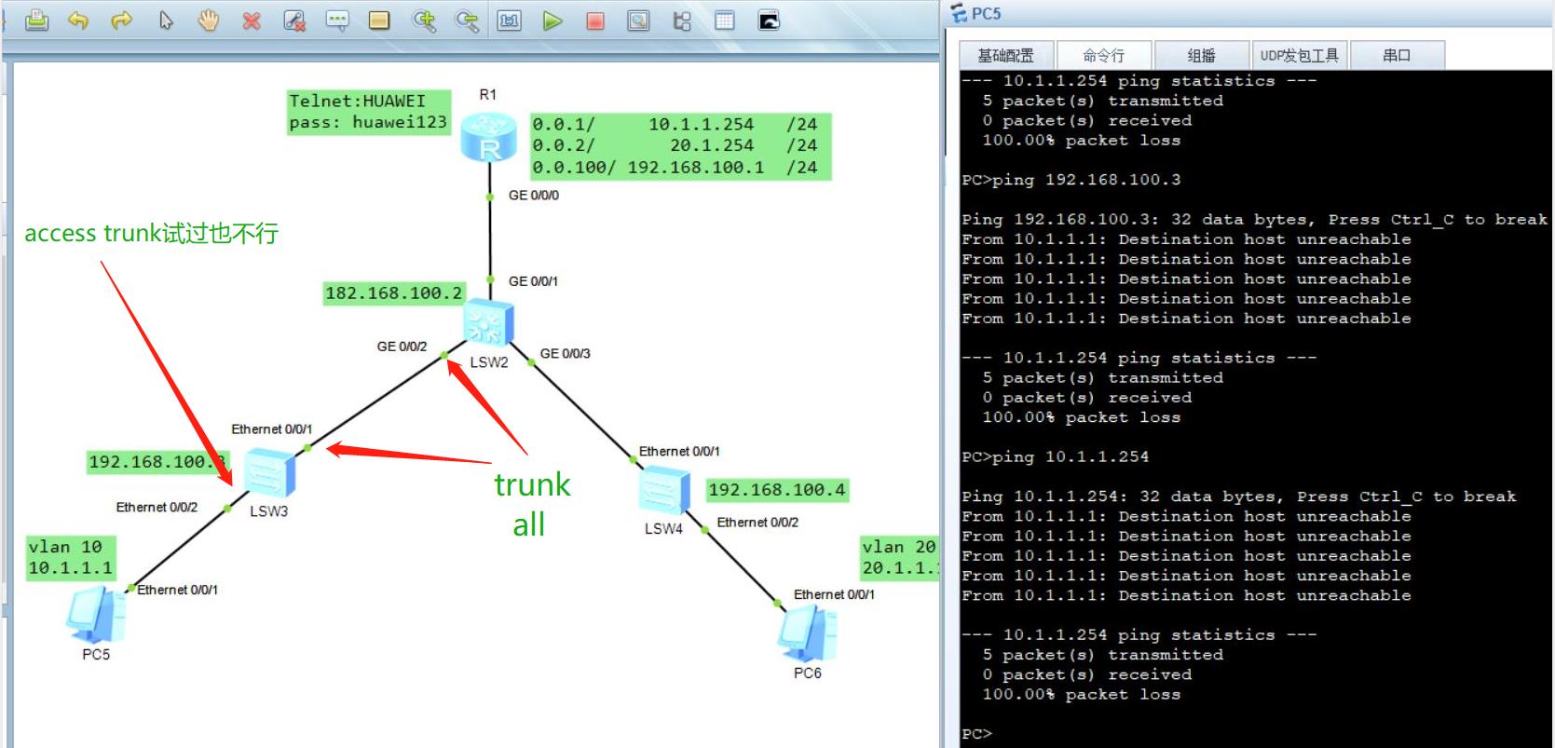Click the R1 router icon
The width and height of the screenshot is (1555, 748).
(x=489, y=137)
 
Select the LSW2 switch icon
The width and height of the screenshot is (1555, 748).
(x=489, y=322)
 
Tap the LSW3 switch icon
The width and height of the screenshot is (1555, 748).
(x=269, y=472)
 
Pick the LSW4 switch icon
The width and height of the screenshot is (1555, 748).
(x=664, y=491)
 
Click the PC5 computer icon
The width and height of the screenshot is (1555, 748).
(x=97, y=615)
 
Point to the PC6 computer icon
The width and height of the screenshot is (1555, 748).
(x=808, y=632)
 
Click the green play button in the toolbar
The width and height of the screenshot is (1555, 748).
(x=552, y=20)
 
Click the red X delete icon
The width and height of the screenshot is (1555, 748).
(x=252, y=21)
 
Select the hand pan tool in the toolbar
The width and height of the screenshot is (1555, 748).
(x=209, y=20)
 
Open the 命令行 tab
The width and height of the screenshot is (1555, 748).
(x=1103, y=55)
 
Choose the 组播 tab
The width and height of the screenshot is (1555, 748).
(x=1201, y=55)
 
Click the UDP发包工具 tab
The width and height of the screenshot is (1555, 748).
(x=1299, y=55)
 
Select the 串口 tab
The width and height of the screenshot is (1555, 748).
(x=1397, y=55)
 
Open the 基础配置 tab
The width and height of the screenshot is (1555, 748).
(x=1006, y=55)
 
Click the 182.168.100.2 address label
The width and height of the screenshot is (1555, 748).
(x=393, y=293)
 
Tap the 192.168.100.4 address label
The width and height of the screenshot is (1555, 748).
(x=777, y=490)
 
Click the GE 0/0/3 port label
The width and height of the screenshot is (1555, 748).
(x=566, y=353)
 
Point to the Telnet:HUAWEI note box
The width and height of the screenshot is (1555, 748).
(x=369, y=112)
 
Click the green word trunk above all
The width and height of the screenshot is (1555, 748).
(x=532, y=484)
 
